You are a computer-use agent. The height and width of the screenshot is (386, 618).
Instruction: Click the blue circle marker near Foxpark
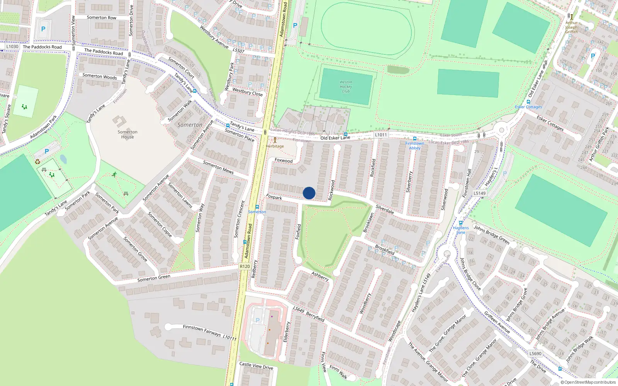pos(309,193)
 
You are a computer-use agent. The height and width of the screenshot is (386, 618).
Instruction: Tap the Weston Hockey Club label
pos(346,86)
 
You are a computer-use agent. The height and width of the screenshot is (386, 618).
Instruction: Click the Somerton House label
pos(127,134)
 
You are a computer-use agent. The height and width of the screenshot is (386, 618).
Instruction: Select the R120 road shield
pos(245,266)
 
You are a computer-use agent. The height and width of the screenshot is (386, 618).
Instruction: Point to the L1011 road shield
pos(381,135)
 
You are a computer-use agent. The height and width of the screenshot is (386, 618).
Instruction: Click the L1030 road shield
pos(12,46)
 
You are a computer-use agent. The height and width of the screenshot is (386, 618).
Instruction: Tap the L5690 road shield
pos(535,353)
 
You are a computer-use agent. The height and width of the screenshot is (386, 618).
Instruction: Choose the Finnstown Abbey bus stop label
pos(414,146)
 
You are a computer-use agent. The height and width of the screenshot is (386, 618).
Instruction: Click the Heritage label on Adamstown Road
pos(275,146)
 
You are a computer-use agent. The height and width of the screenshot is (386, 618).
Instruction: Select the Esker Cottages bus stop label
pos(528,107)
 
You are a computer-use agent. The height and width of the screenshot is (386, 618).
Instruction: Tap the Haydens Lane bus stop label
pos(461,230)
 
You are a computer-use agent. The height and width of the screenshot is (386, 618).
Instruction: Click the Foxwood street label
pos(284,161)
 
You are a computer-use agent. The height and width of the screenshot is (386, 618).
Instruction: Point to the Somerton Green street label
pos(154,278)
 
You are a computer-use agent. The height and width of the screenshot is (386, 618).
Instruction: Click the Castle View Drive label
pos(256,366)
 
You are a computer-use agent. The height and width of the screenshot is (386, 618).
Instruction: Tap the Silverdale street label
pos(385,209)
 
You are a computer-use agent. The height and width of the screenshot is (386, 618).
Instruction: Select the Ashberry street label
pos(320,276)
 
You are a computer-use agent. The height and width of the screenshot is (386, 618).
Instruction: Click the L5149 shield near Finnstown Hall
pos(480,193)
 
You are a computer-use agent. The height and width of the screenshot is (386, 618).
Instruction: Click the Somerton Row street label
pos(101,17)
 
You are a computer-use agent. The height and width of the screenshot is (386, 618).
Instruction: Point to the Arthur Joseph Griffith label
pos(572,27)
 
